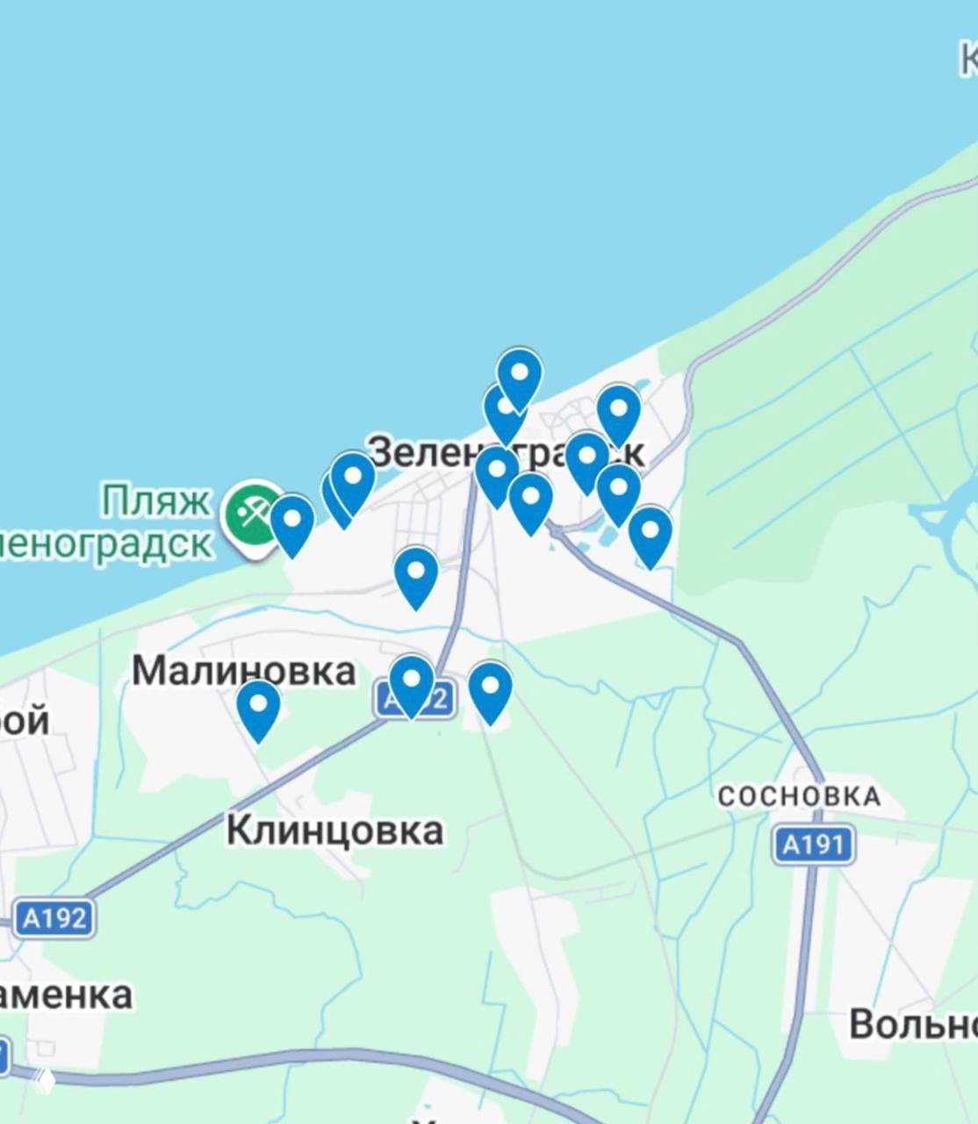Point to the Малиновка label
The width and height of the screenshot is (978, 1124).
[x=243, y=671]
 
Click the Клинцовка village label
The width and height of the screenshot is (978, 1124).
[x=334, y=830]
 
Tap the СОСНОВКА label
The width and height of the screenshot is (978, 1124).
[x=799, y=796]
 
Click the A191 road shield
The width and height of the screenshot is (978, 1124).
[x=814, y=845]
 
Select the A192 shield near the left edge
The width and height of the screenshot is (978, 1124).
[x=54, y=919]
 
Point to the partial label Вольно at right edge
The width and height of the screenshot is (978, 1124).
[x=913, y=1024]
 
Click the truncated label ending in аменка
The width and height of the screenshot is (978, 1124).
[x=66, y=995]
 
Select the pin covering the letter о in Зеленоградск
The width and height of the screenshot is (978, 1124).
[x=497, y=474]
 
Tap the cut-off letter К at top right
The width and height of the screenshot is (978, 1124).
[x=968, y=60]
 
